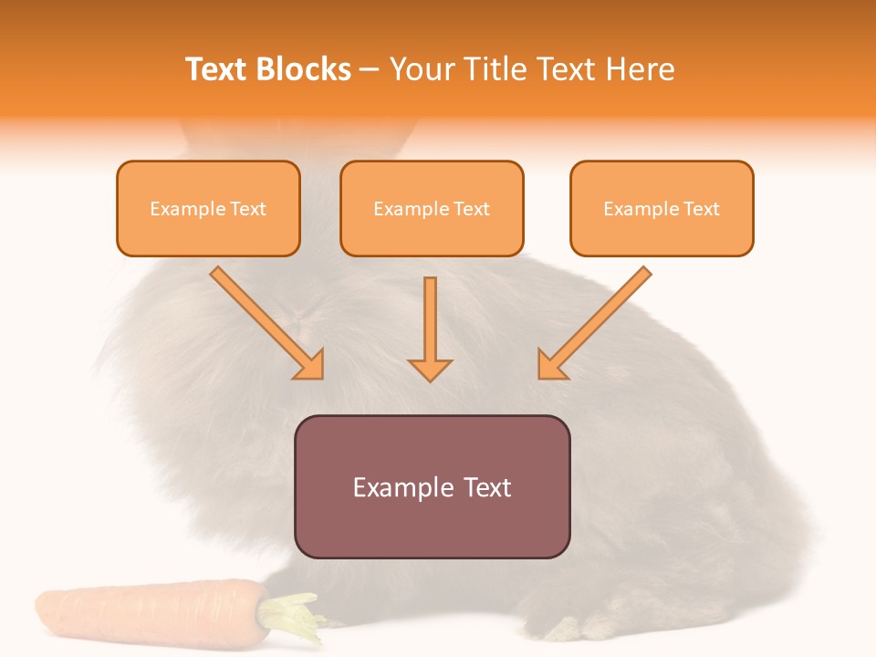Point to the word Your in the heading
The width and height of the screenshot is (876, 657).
click(x=422, y=69)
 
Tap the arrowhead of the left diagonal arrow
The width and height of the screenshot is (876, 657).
click(x=310, y=365)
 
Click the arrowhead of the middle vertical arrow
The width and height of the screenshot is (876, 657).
click(x=430, y=370)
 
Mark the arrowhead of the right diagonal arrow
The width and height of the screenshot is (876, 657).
click(x=550, y=365)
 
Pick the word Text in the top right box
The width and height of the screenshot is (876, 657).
click(x=702, y=209)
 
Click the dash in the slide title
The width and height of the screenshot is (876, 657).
click(x=370, y=69)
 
